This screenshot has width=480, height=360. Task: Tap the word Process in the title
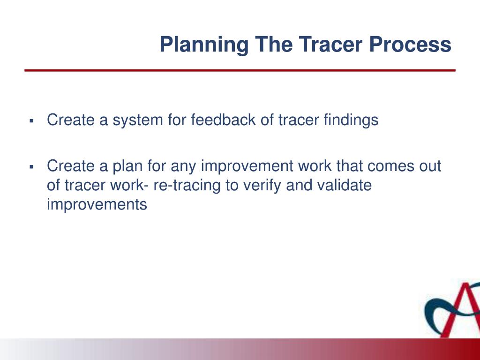410,45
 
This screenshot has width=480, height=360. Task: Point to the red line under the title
240,70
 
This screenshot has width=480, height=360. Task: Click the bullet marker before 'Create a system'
31,121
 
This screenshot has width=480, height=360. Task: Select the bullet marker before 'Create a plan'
31,167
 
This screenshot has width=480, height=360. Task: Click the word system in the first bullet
138,120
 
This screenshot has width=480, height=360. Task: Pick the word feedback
224,120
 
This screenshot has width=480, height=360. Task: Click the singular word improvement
247,166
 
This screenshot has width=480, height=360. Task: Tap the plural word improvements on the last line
97,205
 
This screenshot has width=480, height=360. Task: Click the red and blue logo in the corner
452,309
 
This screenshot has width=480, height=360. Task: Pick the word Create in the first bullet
71,120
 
